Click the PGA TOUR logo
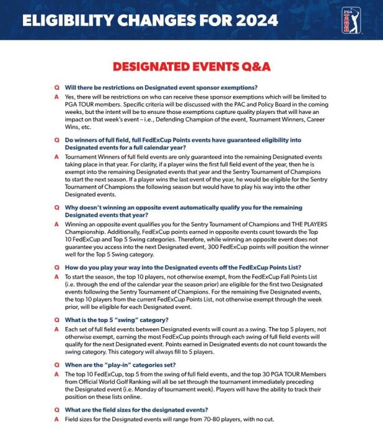pyautogui.click(x=351, y=20)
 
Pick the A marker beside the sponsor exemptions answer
pyautogui.click(x=57, y=97)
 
